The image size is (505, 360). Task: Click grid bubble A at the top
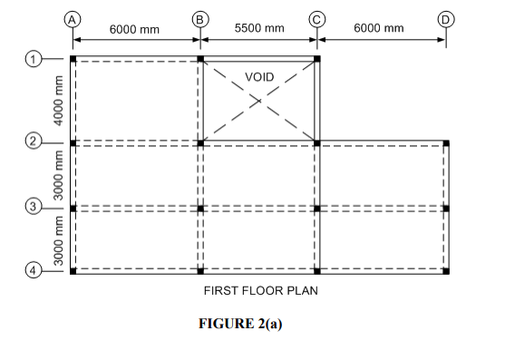[73, 18]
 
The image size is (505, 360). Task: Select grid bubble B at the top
[200, 18]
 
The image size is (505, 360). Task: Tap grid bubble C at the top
[317, 18]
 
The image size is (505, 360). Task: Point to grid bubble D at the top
[446, 18]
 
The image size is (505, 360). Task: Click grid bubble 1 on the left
[34, 60]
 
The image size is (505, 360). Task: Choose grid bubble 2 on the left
[34, 142]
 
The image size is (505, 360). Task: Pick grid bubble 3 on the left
[34, 208]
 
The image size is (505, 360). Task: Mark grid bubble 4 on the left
[34, 270]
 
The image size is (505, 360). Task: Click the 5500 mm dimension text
[259, 29]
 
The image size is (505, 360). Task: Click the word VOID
[260, 77]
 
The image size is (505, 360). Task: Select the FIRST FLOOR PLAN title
[260, 291]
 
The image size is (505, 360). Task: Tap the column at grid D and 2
[447, 142]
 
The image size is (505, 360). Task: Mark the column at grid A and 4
[73, 270]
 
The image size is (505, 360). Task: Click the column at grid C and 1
[317, 60]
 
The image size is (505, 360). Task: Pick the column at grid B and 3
[200, 208]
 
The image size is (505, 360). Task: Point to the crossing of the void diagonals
[259, 101]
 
